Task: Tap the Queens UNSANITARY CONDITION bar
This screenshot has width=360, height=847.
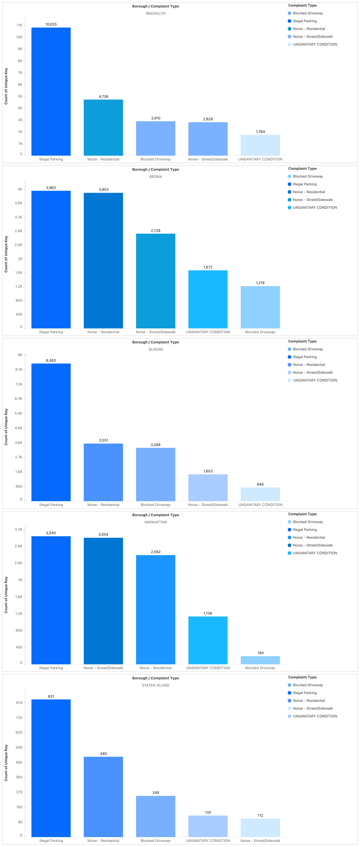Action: coord(260,494)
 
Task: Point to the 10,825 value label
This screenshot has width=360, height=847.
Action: coord(51,24)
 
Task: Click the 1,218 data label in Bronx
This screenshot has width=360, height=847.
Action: coord(260,283)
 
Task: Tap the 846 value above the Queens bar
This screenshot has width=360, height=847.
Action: coord(260,484)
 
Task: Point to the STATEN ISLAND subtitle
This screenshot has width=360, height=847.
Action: coord(156,685)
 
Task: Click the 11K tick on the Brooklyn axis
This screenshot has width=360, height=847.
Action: coord(20,25)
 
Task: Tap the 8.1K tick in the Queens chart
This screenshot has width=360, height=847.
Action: coord(19,370)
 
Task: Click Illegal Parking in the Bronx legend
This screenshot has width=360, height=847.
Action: coord(305,184)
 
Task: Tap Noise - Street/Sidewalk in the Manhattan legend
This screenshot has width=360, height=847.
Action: coord(313,545)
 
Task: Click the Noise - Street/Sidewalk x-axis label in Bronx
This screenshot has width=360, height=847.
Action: coord(156,332)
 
